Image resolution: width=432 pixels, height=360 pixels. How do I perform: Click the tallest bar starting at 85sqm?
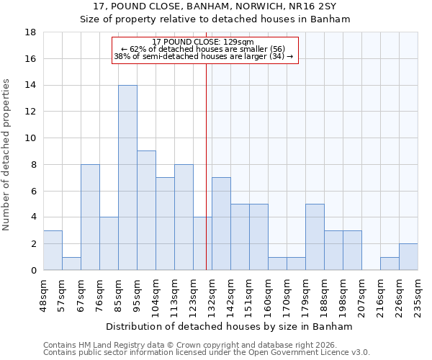tap(127, 178)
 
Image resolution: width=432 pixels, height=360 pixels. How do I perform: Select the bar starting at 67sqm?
tap(90, 217)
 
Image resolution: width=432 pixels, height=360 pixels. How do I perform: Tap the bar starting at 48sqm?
tap(53, 251)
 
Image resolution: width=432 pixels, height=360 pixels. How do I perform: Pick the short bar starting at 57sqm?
tap(71, 264)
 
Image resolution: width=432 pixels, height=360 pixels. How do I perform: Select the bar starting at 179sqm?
tap(315, 237)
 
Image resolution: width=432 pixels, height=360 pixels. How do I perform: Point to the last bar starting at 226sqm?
tap(408, 257)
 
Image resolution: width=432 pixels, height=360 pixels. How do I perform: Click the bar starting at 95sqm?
tap(146, 210)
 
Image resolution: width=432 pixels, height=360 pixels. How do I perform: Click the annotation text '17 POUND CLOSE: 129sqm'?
tap(204, 42)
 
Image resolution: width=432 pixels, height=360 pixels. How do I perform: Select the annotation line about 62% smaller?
tap(204, 49)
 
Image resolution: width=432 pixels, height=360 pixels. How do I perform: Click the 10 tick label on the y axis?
tap(31, 138)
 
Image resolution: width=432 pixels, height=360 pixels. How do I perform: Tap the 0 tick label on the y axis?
tap(34, 271)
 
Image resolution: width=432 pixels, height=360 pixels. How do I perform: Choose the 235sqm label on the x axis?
tap(418, 293)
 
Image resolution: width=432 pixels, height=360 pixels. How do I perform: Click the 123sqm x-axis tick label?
tap(193, 293)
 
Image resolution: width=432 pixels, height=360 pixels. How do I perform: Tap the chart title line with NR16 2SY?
tap(216, 6)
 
